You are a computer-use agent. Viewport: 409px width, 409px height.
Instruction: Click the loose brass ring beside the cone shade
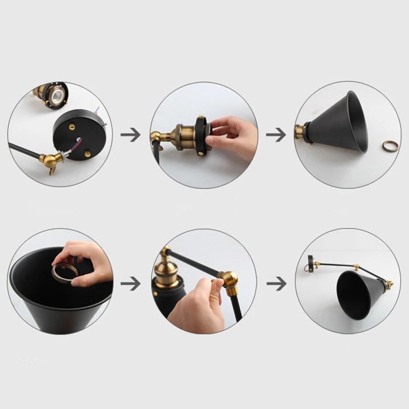pos(390,146)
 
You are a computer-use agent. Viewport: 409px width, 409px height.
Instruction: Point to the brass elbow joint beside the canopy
pos(52,161)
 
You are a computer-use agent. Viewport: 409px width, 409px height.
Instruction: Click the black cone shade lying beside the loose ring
pos(340,123)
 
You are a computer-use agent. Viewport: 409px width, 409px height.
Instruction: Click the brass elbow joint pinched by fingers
pos(229,281)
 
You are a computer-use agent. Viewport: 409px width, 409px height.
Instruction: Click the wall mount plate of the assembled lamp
pos(310,264)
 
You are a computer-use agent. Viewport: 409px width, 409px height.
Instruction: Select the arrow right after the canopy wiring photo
pos(130,135)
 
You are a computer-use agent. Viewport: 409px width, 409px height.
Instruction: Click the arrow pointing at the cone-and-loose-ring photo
pos(276,135)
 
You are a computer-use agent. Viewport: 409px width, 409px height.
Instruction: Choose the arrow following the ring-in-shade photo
pos(130,283)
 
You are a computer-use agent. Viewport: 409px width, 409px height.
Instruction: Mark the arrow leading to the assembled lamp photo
pos(276,283)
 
